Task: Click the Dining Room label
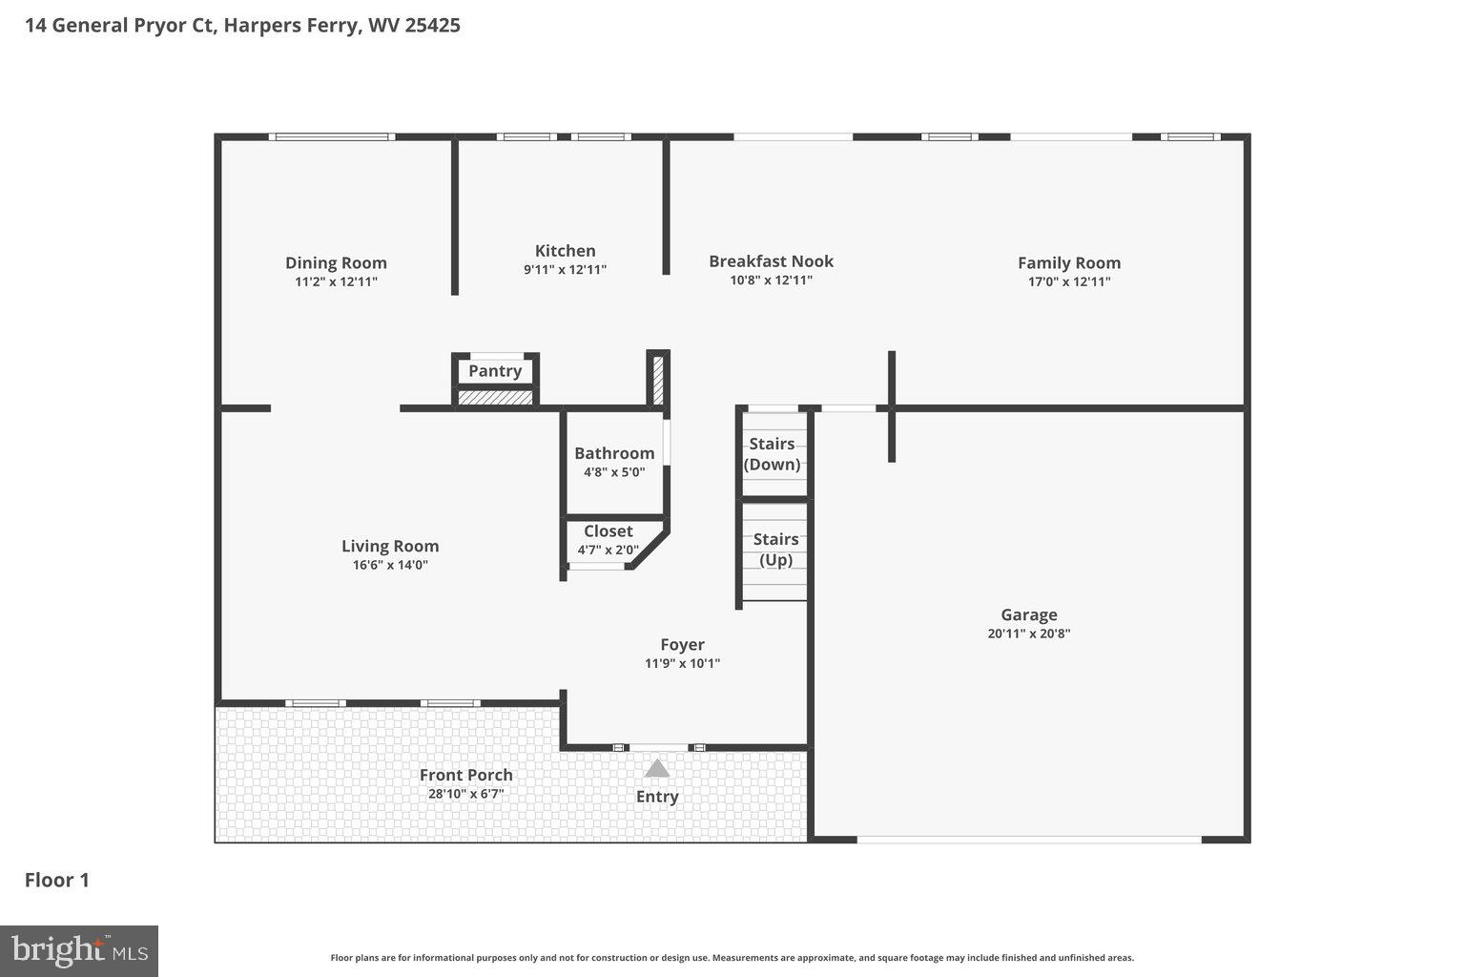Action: click(x=336, y=262)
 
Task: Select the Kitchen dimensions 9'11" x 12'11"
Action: click(x=565, y=270)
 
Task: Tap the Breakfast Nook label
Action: click(x=771, y=260)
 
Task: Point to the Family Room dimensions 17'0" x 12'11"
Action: click(x=1068, y=281)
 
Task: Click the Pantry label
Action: click(x=495, y=370)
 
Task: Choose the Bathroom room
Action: click(x=614, y=462)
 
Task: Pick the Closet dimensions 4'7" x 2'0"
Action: click(x=609, y=550)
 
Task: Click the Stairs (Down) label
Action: click(x=772, y=454)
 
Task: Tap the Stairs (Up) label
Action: click(x=775, y=550)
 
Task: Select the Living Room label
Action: click(x=390, y=546)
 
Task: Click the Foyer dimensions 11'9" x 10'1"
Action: click(x=682, y=663)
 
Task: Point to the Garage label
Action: click(x=1028, y=614)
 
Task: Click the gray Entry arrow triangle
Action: click(x=657, y=768)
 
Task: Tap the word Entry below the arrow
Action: click(x=657, y=797)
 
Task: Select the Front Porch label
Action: click(x=465, y=775)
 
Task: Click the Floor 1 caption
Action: click(x=57, y=880)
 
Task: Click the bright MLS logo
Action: click(x=79, y=951)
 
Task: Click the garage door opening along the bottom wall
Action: click(x=1028, y=840)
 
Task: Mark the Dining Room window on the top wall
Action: click(x=332, y=136)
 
